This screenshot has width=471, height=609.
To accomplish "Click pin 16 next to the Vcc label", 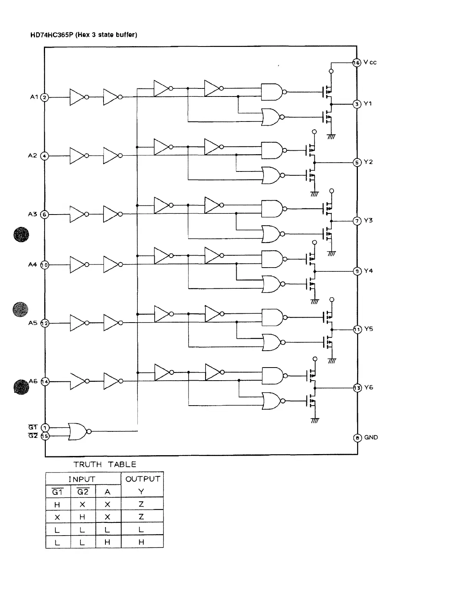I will click(x=357, y=62).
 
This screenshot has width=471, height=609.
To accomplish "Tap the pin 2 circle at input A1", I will click(x=45, y=97).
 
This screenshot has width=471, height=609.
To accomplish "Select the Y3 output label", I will click(x=368, y=220).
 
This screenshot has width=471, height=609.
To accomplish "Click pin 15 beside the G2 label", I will click(x=45, y=436).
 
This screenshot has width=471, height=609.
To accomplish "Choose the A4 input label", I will click(x=32, y=265).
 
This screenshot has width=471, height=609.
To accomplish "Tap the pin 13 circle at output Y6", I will click(x=357, y=388).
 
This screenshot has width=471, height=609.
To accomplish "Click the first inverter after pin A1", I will click(x=77, y=97).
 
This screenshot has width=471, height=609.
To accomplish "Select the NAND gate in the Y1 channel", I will click(x=272, y=92).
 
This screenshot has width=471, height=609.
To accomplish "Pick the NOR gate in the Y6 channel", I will click(x=272, y=401).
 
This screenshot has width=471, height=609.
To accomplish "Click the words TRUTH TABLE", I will click(x=105, y=464).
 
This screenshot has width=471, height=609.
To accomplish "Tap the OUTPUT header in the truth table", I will click(x=142, y=479).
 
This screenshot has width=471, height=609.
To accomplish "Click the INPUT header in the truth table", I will click(x=82, y=479).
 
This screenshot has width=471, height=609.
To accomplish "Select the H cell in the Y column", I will click(x=142, y=542).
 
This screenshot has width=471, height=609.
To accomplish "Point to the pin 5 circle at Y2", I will click(x=357, y=162).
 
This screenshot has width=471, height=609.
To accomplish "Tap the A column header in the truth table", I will click(x=107, y=492).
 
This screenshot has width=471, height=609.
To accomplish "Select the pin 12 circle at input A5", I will click(x=45, y=323).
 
